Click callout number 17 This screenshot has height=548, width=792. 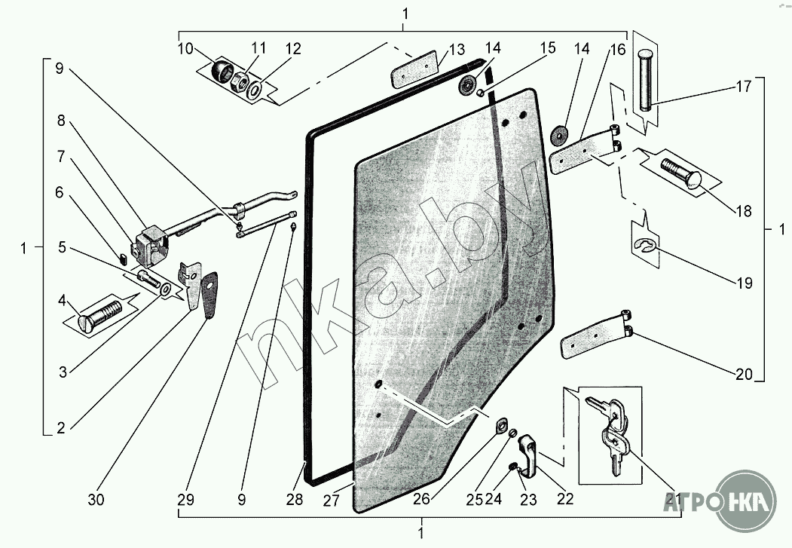pyautogui.click(x=744, y=87)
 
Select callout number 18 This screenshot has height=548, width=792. pyautogui.click(x=745, y=212)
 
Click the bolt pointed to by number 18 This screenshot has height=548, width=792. pyautogui.click(x=681, y=174)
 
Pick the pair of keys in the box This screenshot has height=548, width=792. pyautogui.click(x=611, y=434)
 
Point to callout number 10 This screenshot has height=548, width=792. pyautogui.click(x=185, y=49)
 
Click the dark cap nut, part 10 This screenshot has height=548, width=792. pyautogui.click(x=222, y=72)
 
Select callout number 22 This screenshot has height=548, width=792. pyautogui.click(x=565, y=498)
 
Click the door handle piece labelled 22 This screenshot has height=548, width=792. pyautogui.click(x=530, y=456)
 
